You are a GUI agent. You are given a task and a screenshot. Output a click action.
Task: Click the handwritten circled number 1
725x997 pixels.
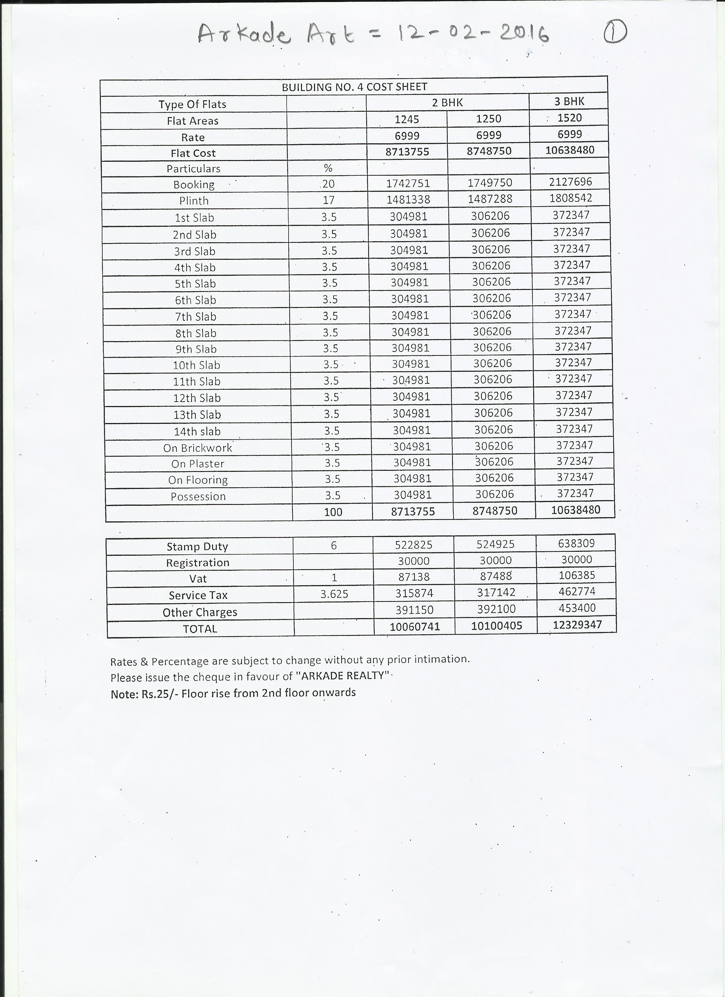tap(615, 32)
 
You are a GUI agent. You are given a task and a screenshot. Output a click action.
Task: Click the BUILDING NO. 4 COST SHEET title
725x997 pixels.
tap(354, 87)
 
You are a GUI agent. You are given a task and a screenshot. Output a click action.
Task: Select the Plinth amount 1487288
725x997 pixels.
tap(490, 199)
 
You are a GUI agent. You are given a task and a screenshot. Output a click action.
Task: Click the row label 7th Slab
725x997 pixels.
tap(196, 316)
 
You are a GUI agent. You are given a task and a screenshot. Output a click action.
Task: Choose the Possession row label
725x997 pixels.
tap(198, 496)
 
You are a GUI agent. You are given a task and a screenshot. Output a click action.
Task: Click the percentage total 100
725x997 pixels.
tap(333, 512)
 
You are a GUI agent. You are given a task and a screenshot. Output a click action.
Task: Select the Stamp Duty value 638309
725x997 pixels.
tap(576, 543)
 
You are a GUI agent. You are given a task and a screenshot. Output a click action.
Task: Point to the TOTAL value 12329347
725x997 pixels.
tap(577, 625)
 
